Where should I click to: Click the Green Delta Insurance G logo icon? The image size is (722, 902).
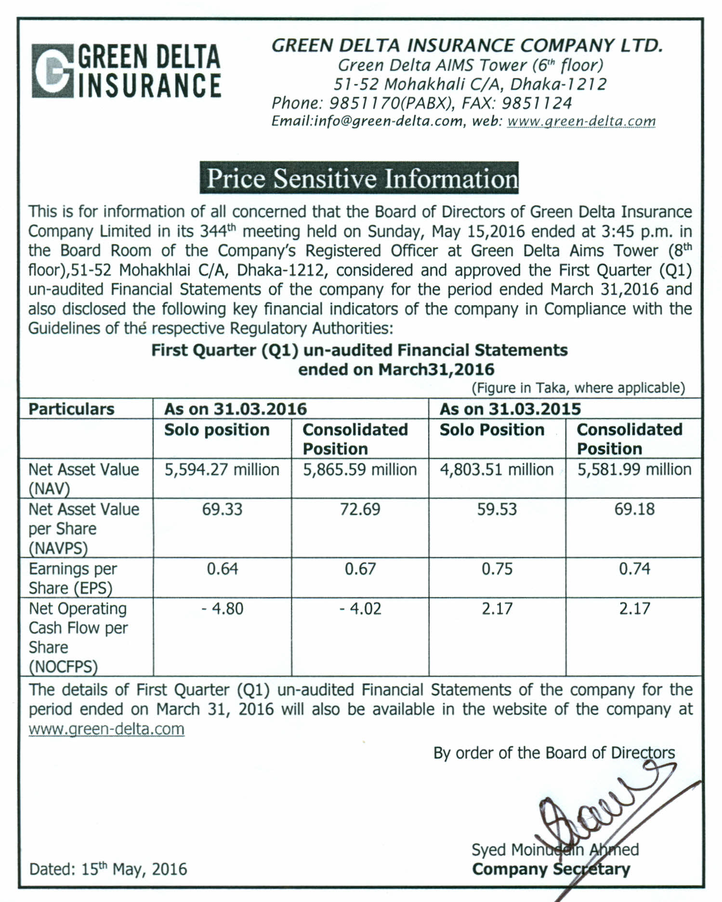pyautogui.click(x=52, y=71)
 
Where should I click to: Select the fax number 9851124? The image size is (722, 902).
pyautogui.click(x=537, y=103)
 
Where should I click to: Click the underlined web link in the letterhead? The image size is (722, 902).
pyautogui.click(x=582, y=121)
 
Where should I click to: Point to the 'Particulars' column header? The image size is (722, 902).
pyautogui.click(x=71, y=409)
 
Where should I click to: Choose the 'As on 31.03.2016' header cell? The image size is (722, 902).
pyautogui.click(x=236, y=409)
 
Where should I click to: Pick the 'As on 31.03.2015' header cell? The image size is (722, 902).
pyautogui.click(x=510, y=409)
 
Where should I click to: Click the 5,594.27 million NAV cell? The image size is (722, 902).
pyautogui.click(x=222, y=470)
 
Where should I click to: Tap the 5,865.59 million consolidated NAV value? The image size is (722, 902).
pyautogui.click(x=360, y=470)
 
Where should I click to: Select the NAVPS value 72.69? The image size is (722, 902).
pyautogui.click(x=360, y=509)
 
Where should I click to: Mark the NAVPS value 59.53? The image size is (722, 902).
pyautogui.click(x=497, y=509)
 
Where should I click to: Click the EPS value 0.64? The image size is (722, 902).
pyautogui.click(x=222, y=569)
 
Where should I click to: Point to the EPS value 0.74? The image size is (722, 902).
pyautogui.click(x=634, y=569)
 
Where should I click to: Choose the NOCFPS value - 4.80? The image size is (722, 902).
pyautogui.click(x=222, y=609)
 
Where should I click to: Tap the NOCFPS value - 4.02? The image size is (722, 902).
pyautogui.click(x=360, y=609)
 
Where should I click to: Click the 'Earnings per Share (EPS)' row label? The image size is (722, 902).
pyautogui.click(x=72, y=578)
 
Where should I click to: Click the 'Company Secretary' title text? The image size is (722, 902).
pyautogui.click(x=551, y=869)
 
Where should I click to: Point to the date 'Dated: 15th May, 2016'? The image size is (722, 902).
pyautogui.click(x=108, y=869)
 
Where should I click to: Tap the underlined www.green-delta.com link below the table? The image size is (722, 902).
pyautogui.click(x=106, y=729)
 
